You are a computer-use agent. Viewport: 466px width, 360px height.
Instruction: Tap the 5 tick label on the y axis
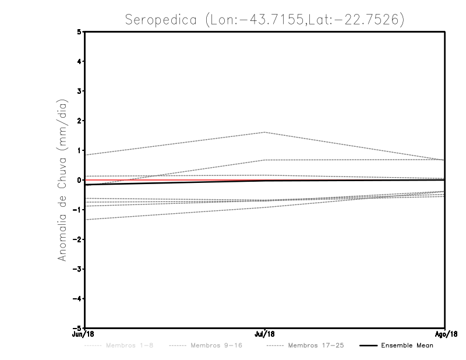79,32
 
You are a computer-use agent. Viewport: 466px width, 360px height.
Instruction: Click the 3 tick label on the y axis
79,91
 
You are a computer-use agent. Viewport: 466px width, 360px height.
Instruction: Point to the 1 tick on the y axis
79,150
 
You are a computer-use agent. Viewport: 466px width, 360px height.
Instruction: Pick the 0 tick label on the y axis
79,180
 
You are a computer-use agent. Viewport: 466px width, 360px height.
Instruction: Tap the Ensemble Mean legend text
407,345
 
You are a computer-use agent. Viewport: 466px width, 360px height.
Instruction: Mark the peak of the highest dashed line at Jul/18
265,132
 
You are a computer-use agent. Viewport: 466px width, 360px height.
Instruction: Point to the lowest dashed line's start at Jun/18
85,220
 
